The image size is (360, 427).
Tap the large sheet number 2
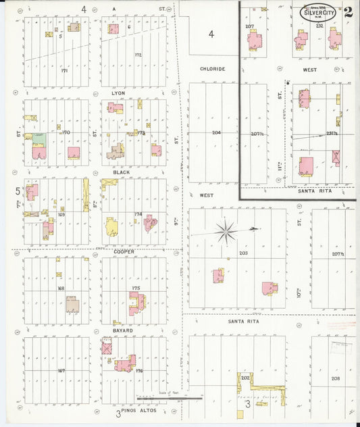347,12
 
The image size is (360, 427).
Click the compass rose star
226,232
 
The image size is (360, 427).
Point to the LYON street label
118,93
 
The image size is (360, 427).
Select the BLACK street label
121,172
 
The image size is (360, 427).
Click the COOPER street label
124,251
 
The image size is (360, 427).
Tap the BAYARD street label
122,330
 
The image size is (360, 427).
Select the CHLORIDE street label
212,69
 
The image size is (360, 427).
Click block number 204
216,132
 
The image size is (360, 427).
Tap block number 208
336,378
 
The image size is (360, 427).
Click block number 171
64,70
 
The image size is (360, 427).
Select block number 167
61,370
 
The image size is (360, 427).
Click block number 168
61,288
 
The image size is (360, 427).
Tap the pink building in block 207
255,40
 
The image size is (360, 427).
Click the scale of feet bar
169,399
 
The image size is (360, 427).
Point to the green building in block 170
39,139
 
